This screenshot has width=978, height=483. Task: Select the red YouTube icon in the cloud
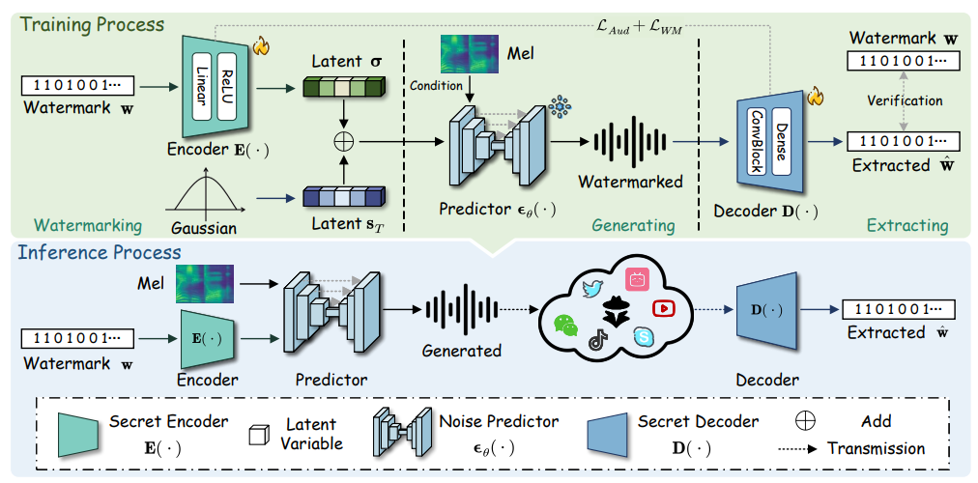[663, 308]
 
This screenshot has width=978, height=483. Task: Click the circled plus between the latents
[343, 141]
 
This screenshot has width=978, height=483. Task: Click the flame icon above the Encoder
[259, 45]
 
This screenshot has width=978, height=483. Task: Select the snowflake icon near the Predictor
[558, 105]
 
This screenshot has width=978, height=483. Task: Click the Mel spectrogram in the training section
[468, 54]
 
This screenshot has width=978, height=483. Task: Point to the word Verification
[906, 100]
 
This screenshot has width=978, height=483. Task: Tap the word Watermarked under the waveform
[629, 181]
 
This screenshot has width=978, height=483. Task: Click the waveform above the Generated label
[461, 308]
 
